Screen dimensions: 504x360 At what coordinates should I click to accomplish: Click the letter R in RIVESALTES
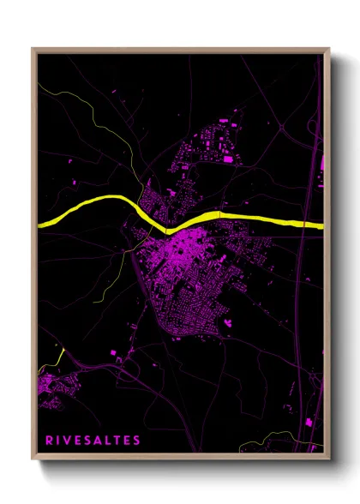[x=50, y=441]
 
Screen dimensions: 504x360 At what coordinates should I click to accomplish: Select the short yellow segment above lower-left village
[x=59, y=353]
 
